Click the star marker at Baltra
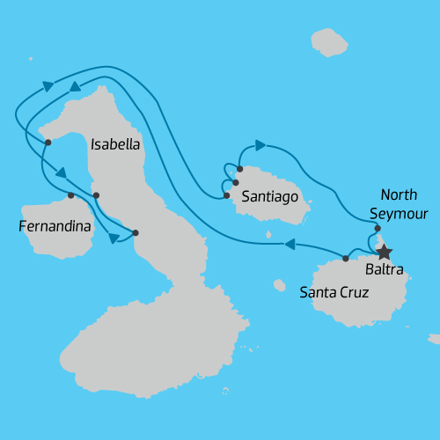pyautogui.click(x=385, y=252)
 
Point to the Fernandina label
pyautogui.click(x=55, y=227)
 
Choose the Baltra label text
pyautogui.click(x=386, y=271)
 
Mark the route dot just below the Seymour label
pyautogui.click(x=378, y=228)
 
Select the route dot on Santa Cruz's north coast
pyautogui.click(x=345, y=259)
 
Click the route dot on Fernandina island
pyautogui.click(x=70, y=194)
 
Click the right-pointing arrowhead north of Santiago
pyautogui.click(x=260, y=144)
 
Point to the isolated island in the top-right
pyautogui.click(x=329, y=42)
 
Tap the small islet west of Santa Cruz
pyautogui.click(x=279, y=285)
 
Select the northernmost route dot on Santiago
pyautogui.click(x=239, y=168)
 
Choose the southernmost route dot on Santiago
pyautogui.click(x=226, y=195)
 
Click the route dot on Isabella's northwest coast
pyautogui.click(x=48, y=142)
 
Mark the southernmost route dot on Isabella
pyautogui.click(x=135, y=233)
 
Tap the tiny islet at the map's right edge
pyautogui.click(x=434, y=339)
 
